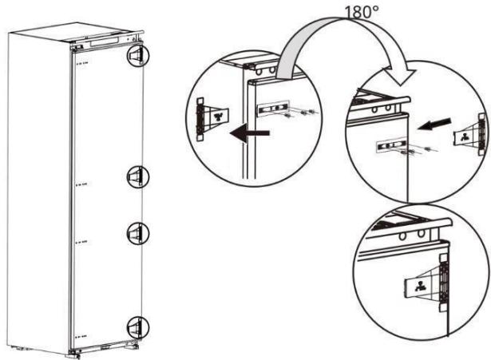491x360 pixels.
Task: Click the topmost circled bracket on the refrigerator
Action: point(137,54)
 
